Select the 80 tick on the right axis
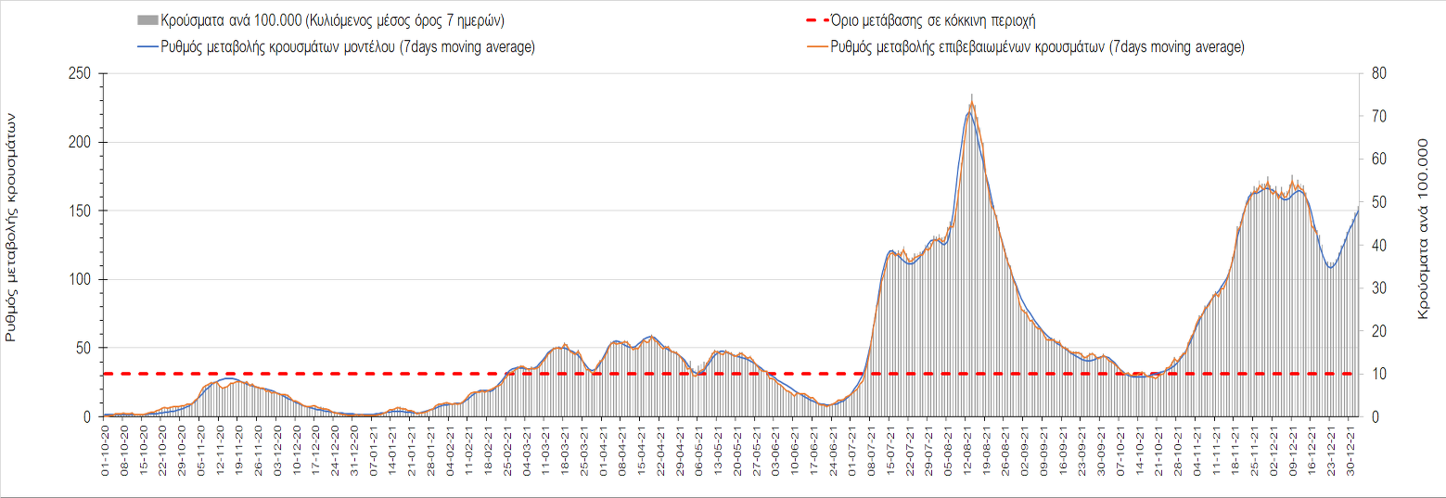pyautogui.click(x=1377, y=74)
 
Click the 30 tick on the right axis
pyautogui.click(x=1377, y=288)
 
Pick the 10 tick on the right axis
pyautogui.click(x=1377, y=374)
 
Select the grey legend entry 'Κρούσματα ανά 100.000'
pyautogui.click(x=326, y=19)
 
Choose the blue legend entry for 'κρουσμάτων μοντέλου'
pyautogui.click(x=336, y=47)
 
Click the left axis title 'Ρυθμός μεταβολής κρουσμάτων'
pyautogui.click(x=12, y=228)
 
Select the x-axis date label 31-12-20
pyautogui.click(x=355, y=448)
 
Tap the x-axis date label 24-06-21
pyautogui.click(x=834, y=448)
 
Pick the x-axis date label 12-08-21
pyautogui.click(x=968, y=448)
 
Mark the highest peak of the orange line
pyautogui.click(x=971, y=95)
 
